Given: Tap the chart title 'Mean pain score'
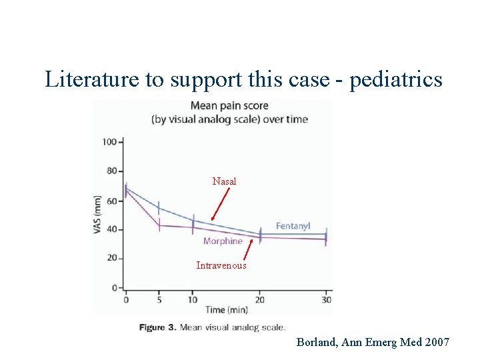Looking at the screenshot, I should click(229, 105).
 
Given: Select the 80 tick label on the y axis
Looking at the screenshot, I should click(112, 171).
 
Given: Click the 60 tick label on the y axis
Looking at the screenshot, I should click(112, 200).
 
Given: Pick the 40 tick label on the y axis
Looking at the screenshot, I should click(112, 229).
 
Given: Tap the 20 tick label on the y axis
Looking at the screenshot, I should click(112, 258).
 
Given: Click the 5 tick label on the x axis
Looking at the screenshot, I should click(159, 299).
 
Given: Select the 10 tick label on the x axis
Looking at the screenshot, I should click(193, 299).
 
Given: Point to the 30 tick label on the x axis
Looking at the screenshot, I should click(327, 299).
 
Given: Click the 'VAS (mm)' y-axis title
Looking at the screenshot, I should click(98, 214).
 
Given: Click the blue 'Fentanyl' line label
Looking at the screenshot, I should click(293, 227).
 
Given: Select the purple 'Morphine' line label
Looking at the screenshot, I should click(223, 241).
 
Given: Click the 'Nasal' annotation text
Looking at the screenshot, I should click(224, 181).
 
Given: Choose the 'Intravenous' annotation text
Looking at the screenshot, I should click(221, 265).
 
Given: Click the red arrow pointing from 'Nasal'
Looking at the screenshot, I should click(220, 203).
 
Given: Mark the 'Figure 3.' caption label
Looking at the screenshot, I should click(157, 327).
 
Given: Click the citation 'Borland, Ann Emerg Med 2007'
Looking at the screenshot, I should click(373, 342).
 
